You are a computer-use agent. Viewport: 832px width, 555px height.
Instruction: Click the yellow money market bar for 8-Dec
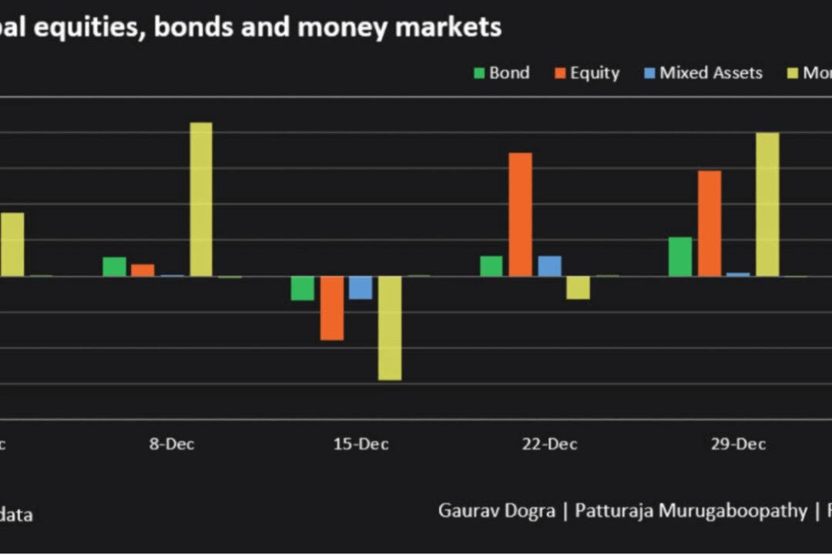[201, 199]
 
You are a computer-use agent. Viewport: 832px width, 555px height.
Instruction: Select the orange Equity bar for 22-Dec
[520, 214]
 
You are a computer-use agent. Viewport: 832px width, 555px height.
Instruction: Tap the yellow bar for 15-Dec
[390, 328]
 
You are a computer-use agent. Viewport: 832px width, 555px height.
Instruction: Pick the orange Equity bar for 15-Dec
[332, 308]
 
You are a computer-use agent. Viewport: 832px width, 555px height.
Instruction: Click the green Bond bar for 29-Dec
[680, 256]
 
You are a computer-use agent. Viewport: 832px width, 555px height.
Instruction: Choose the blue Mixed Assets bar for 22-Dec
[549, 266]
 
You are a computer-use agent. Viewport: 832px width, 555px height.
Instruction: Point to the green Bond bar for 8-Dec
[114, 266]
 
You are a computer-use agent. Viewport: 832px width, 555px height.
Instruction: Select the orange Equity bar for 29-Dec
[710, 223]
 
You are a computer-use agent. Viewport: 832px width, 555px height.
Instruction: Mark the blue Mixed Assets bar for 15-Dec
[361, 288]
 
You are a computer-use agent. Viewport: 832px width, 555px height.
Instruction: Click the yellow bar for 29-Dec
[767, 204]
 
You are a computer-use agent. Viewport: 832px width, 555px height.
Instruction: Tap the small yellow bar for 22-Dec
[578, 288]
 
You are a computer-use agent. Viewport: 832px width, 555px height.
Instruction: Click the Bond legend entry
[501, 73]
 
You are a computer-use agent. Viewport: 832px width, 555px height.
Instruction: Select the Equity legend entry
[586, 73]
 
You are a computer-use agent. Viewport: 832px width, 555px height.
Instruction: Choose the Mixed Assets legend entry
[702, 73]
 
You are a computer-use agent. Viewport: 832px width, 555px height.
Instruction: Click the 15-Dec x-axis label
[361, 445]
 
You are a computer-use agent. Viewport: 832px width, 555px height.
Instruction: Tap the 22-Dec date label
[550, 445]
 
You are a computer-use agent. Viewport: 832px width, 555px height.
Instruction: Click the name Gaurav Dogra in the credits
[496, 510]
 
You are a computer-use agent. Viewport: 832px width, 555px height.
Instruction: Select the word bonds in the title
[196, 28]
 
